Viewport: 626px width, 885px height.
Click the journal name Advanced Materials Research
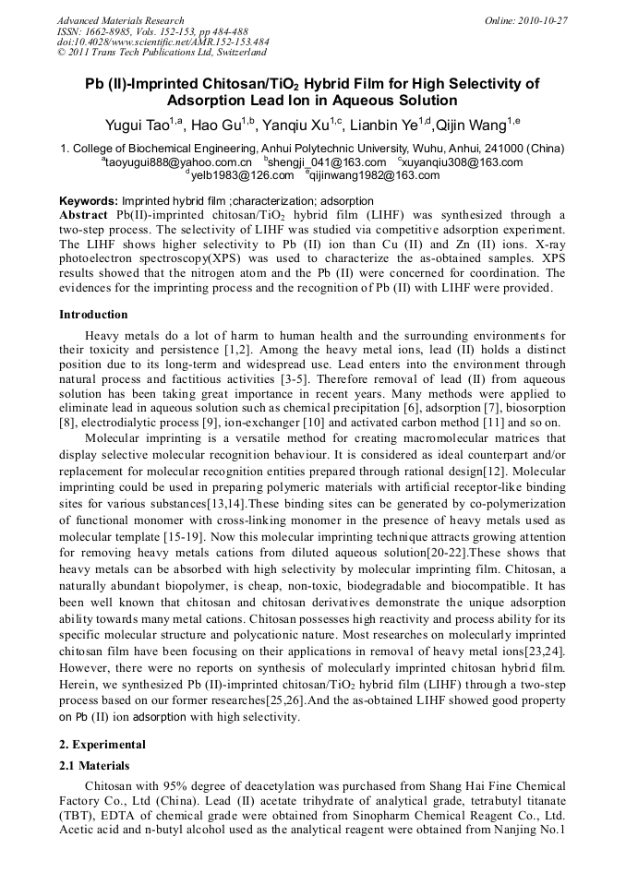[120, 20]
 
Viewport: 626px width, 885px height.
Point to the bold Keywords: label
[89, 200]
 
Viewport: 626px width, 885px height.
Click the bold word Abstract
[86, 213]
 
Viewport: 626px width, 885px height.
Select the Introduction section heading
[93, 315]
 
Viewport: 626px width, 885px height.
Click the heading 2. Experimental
[102, 744]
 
